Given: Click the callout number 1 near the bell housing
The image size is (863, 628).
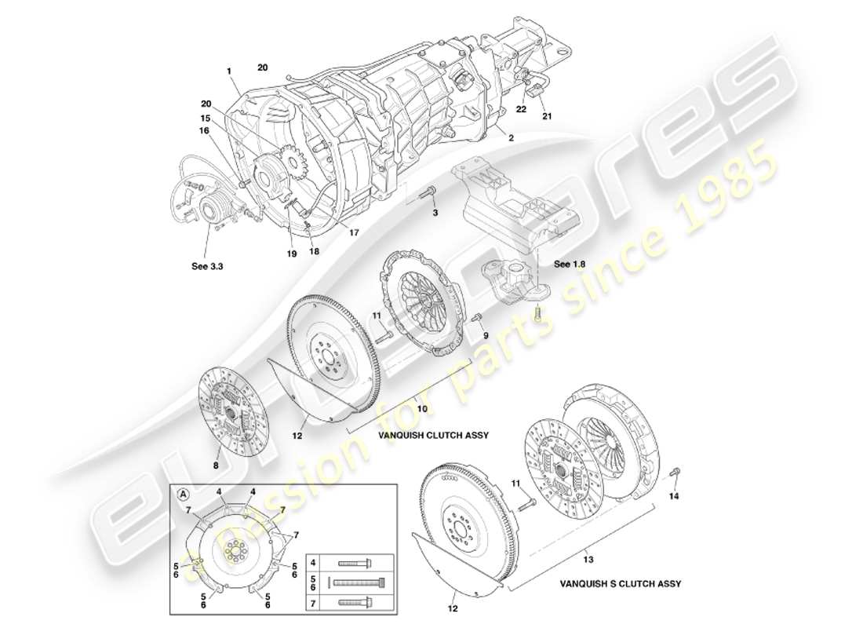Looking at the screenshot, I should coord(229,71).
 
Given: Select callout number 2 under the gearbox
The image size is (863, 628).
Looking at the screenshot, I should coord(511,137).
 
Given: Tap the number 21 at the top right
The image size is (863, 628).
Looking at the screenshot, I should coord(547,117).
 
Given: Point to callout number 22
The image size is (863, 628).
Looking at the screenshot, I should coord(521,109).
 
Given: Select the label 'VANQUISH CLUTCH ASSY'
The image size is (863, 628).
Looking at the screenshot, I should coord(423,433).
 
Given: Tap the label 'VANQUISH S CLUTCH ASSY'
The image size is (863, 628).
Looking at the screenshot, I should coord(620,584).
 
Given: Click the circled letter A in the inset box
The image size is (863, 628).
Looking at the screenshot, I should coord(184,495).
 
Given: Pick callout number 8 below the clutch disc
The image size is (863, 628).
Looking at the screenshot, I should coord(216,466).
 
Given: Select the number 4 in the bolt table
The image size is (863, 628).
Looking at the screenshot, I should coord(314,563).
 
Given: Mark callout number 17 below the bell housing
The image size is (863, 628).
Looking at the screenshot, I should coord(354,232).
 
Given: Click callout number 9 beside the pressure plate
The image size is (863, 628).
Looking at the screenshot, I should coord(486,335).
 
